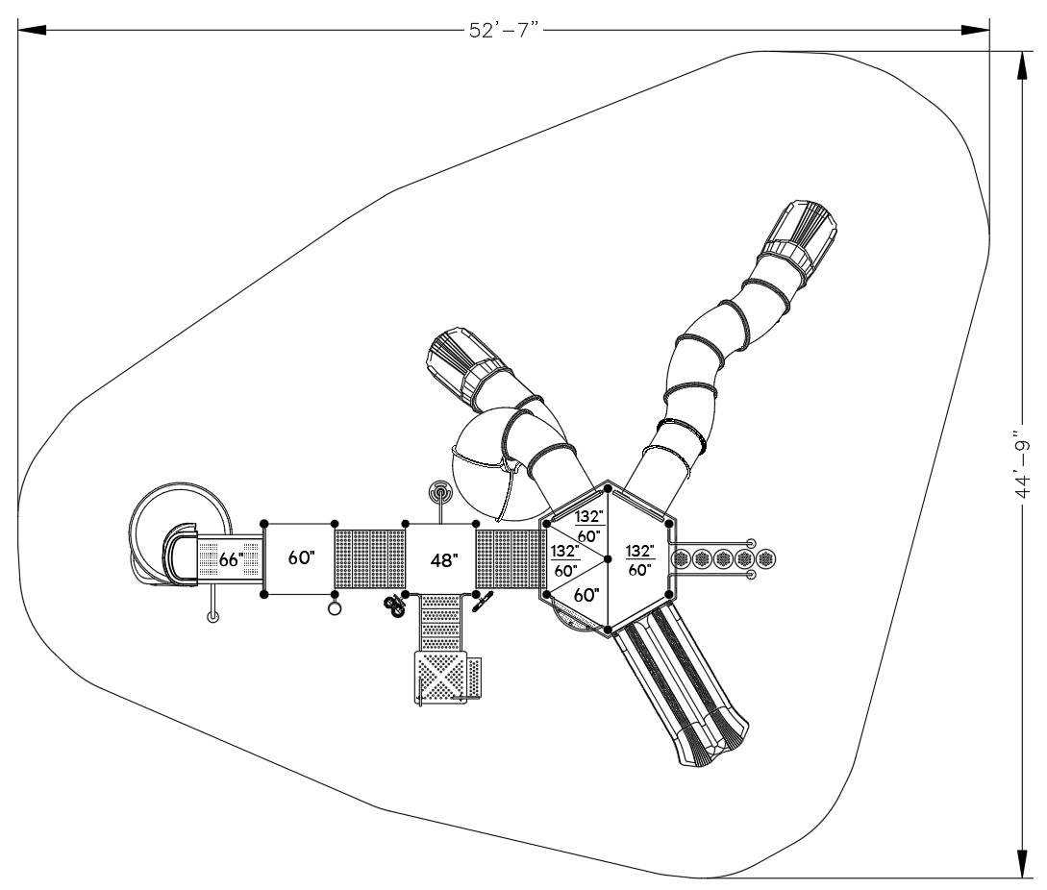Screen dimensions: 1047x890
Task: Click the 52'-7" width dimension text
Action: pos(504,31)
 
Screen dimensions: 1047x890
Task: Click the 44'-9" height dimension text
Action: pos(1022,463)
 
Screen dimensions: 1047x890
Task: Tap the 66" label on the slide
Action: pos(231,559)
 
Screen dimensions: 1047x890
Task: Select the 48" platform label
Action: pos(444,560)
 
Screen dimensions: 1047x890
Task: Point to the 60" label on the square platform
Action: pos(301,557)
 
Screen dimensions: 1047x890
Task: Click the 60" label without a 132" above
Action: pos(586,594)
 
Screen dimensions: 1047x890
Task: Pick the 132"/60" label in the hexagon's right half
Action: pos(639,560)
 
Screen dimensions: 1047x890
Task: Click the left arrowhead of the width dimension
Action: pos(32,30)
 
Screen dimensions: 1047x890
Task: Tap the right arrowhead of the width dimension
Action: pos(975,30)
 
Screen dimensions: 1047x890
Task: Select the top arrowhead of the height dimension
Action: pos(1022,66)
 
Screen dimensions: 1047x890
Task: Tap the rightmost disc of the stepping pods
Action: pos(765,558)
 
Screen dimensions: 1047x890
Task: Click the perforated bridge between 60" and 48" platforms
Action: pos(369,558)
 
